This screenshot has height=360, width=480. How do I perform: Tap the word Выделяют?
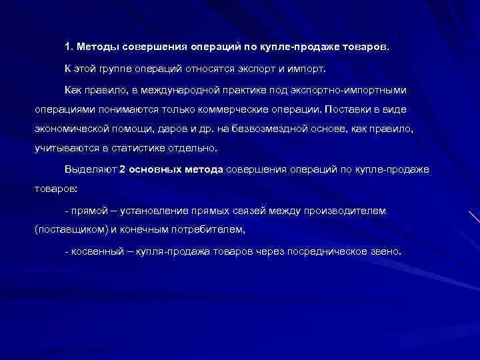90,169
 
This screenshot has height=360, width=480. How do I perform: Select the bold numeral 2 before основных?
122,169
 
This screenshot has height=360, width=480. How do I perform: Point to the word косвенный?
95,253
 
